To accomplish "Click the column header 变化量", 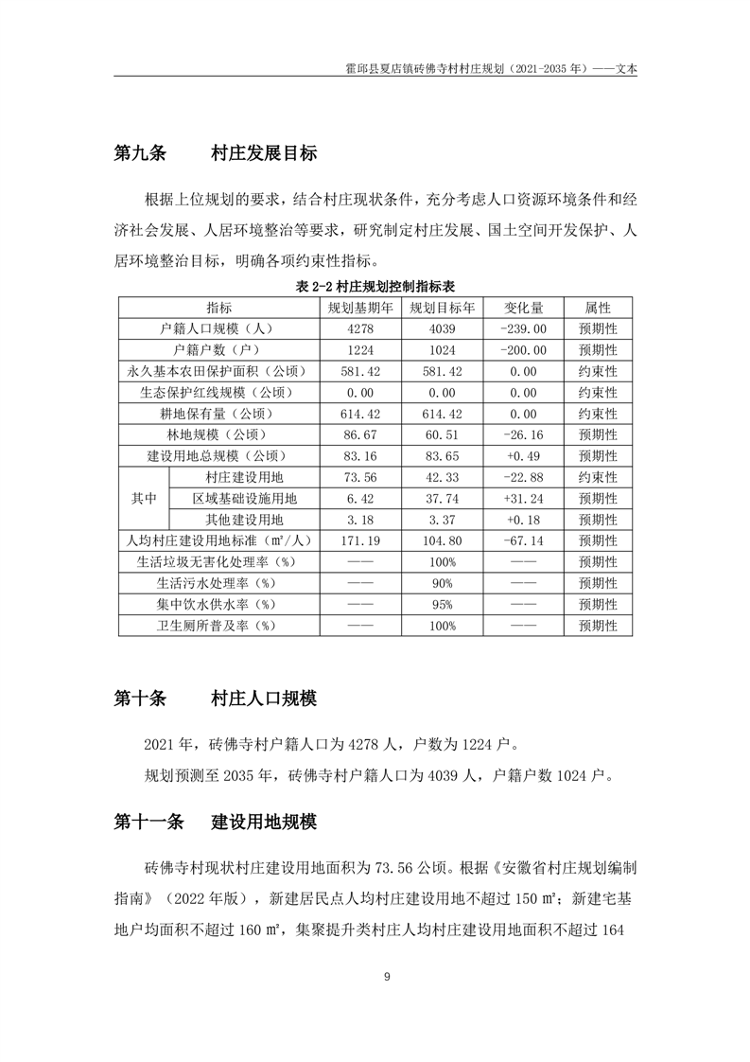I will pos(523,309).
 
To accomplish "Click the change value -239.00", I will pos(523,329).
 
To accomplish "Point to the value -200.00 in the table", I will pos(523,350).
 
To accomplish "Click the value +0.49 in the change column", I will pos(523,456).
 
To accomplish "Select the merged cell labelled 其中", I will pos(144,499).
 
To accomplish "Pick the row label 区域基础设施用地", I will pos(245,499).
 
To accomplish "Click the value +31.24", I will pos(523,499).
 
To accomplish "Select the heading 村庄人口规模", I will pos(264,699).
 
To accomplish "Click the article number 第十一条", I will pos(148,823).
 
